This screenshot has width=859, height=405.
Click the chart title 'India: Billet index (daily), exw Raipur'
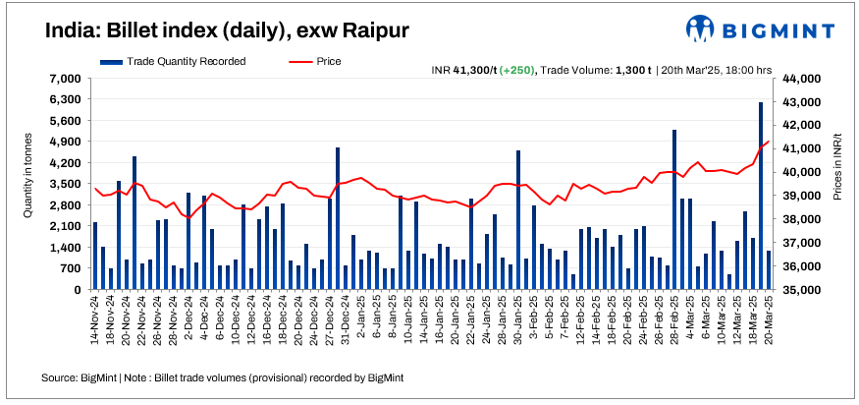click(227, 31)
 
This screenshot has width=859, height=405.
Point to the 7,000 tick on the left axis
click(66, 79)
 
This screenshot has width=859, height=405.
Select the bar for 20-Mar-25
click(768, 270)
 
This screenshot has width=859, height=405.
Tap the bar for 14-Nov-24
click(95, 256)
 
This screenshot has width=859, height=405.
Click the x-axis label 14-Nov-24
click(95, 324)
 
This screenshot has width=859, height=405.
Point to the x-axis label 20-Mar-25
click(768, 324)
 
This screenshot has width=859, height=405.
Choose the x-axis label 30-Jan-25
click(518, 324)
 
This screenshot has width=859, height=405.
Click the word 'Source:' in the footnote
click(60, 377)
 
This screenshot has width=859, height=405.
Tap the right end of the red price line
click(768, 142)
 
